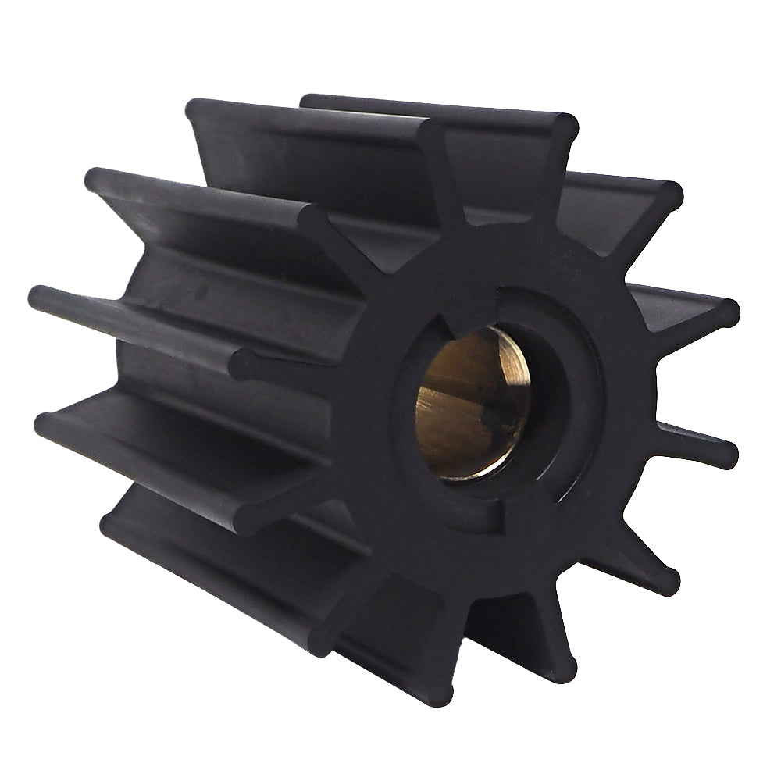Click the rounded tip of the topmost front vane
(565, 126)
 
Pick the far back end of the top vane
(308, 102)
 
